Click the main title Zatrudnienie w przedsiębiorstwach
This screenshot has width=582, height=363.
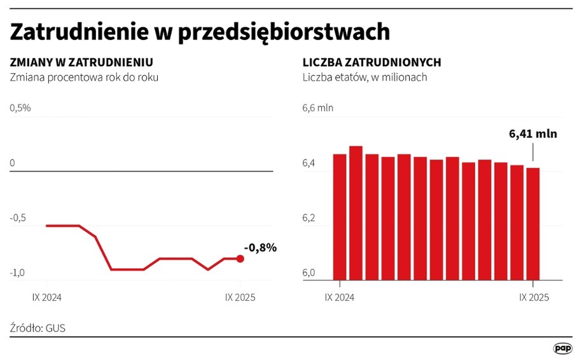(200, 32)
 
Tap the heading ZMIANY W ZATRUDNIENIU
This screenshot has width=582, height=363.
(81, 62)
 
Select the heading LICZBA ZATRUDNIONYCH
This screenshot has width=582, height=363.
(372, 62)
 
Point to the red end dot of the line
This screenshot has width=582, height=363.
(240, 259)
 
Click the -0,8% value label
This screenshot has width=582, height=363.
(260, 248)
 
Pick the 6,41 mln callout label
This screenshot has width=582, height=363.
(533, 134)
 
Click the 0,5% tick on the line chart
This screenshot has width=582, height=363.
(20, 108)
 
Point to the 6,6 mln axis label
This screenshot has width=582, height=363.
(317, 108)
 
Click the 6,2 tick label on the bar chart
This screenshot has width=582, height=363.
(308, 218)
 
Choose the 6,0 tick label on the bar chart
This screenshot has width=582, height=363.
(308, 273)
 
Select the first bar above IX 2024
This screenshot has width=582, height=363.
(340, 216)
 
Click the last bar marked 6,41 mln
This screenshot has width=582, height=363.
(532, 223)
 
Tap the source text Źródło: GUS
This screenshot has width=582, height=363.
(38, 328)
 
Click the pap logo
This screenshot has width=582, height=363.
(562, 348)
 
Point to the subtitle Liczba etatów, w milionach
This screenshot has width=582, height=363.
(364, 77)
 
